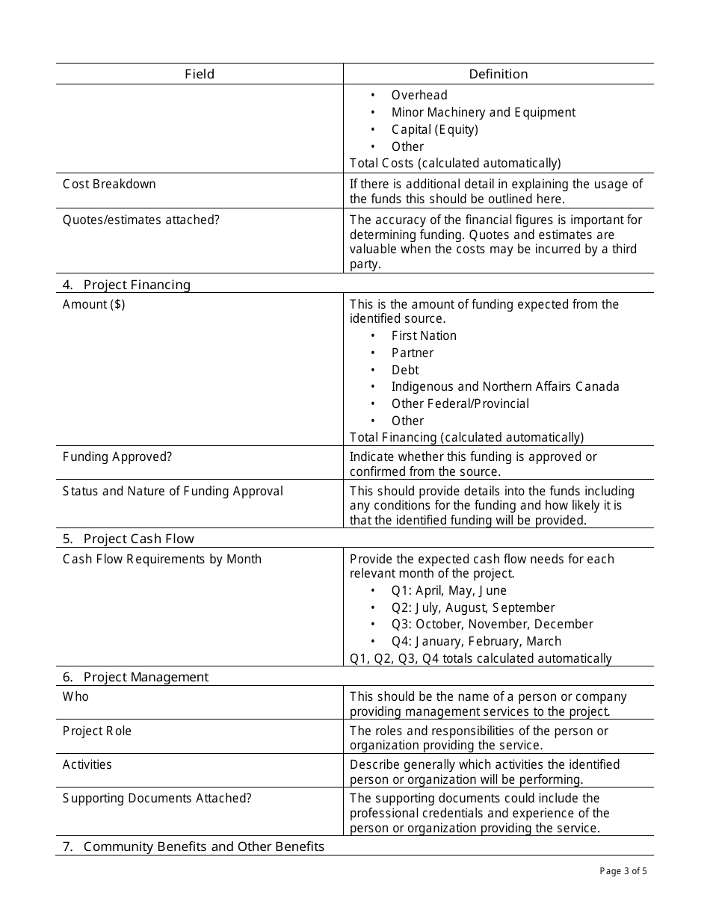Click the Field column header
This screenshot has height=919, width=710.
click(200, 74)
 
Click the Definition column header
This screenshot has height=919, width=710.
click(498, 74)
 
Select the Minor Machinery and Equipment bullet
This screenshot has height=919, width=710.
click(483, 112)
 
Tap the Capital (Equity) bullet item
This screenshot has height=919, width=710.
click(434, 129)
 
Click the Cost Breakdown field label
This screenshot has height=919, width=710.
click(109, 184)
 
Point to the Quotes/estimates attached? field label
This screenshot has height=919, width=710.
click(141, 220)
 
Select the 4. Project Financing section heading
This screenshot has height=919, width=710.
click(127, 285)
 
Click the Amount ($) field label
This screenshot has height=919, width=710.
click(93, 304)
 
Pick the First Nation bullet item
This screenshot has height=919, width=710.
click(423, 335)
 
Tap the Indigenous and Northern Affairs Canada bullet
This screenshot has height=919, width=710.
click(504, 386)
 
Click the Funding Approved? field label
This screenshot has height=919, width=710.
click(117, 457)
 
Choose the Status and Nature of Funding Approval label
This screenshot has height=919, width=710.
click(173, 491)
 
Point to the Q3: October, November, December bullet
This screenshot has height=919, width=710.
click(492, 624)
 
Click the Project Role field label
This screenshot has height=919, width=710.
click(97, 731)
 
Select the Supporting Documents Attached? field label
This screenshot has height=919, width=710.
click(157, 798)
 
